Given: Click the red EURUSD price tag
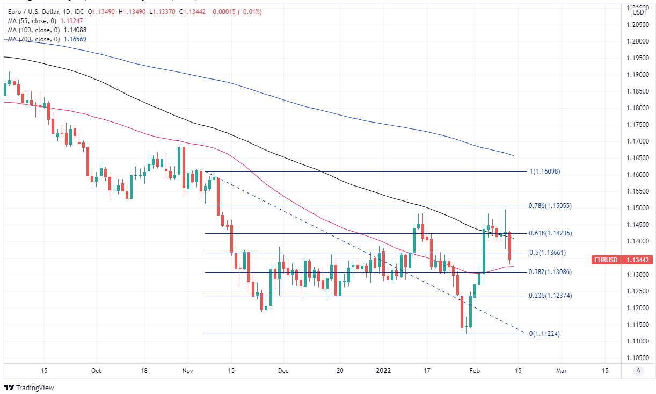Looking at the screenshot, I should point(606,260).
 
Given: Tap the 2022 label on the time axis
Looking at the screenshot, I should point(383,371).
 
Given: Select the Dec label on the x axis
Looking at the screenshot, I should point(283,371).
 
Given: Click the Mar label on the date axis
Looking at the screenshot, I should point(562,371).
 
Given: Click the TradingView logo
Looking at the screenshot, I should point(29,388).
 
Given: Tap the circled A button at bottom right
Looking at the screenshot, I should point(638,370).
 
